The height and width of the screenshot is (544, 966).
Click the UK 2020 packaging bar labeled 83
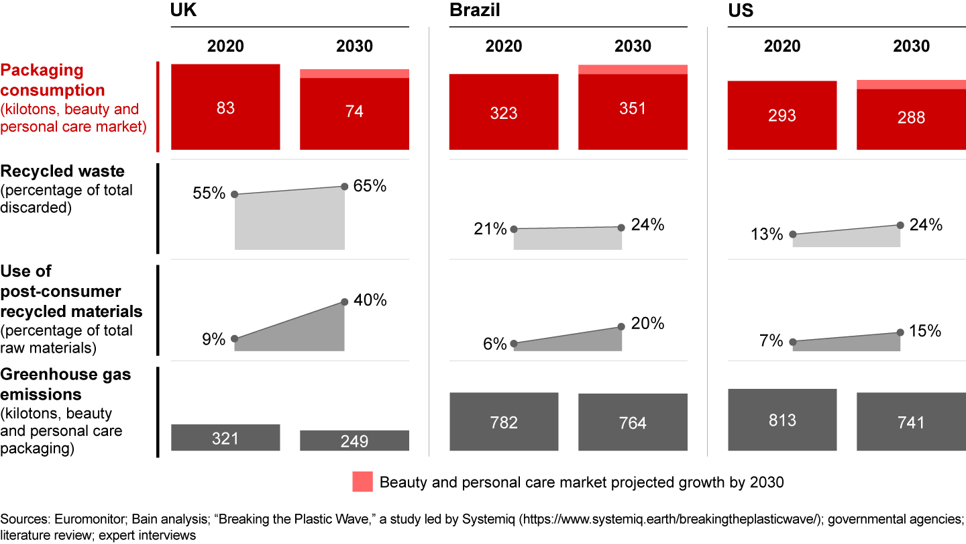pyautogui.click(x=225, y=107)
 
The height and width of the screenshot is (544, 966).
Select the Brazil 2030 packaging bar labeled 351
pyautogui.click(x=633, y=111)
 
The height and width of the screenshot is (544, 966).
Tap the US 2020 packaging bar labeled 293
pyautogui.click(x=782, y=115)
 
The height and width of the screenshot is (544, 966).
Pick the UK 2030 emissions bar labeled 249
pyautogui.click(x=354, y=441)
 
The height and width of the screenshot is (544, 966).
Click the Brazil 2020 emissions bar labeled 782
pyautogui.click(x=504, y=422)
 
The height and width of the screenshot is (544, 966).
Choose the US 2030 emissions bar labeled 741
pyautogui.click(x=911, y=422)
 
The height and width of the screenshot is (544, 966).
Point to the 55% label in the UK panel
pyautogui.click(x=209, y=194)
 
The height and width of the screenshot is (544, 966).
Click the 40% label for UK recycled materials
pyautogui.click(x=370, y=300)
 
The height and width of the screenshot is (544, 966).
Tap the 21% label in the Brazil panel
pyautogui.click(x=490, y=229)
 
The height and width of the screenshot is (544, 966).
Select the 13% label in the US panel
pyautogui.click(x=767, y=234)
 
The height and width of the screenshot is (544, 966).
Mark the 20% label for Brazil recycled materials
pyautogui.click(x=648, y=324)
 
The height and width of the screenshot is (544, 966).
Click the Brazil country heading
pyautogui.click(x=474, y=11)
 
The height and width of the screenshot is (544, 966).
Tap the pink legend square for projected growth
pyautogui.click(x=362, y=482)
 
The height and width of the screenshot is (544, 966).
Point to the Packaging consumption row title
pyautogui.click(x=52, y=80)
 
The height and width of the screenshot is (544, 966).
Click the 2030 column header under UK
pyautogui.click(x=354, y=46)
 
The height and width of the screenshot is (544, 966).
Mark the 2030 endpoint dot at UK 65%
pyautogui.click(x=345, y=187)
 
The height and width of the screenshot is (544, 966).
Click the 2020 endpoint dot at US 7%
pyautogui.click(x=793, y=342)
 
